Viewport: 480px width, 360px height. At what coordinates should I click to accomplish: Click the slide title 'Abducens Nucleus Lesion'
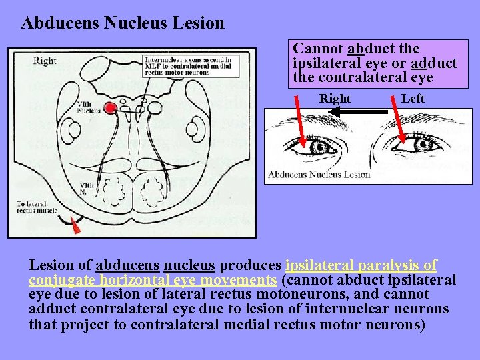coord(123,23)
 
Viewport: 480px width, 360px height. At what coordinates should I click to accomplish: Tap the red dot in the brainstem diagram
coord(111,107)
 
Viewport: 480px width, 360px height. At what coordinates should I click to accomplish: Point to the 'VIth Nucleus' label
coord(89,107)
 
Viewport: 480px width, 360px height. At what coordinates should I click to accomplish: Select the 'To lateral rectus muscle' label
coord(37,207)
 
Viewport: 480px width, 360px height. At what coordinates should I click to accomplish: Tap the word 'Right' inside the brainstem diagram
coord(45,61)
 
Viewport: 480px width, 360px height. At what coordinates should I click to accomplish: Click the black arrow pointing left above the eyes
coord(360,112)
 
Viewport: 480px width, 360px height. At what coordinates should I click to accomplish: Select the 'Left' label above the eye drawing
coord(413,99)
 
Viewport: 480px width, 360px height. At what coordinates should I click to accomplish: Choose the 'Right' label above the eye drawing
coord(335,99)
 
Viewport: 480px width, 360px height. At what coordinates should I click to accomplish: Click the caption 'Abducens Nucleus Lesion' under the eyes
coord(319,175)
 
